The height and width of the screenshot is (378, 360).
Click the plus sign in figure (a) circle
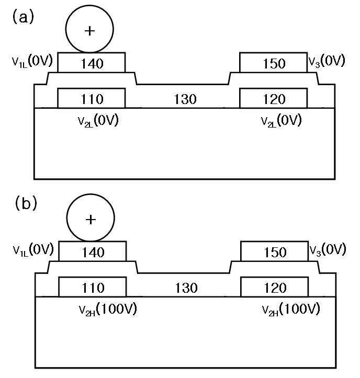point(89,31)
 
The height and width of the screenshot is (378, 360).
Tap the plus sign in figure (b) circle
point(91,220)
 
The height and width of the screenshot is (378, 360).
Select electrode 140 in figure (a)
point(92,62)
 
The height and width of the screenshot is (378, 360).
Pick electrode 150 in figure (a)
point(273,62)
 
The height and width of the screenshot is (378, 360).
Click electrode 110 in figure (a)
point(92,98)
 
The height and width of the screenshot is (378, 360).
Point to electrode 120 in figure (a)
point(273,98)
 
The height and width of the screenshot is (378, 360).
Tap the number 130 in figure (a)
point(185,99)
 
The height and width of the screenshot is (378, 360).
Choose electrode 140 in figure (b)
point(93,251)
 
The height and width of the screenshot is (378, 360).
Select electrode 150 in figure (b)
point(275,251)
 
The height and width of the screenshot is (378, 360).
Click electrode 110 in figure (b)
point(93,287)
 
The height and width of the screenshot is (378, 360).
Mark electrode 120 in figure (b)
point(275,287)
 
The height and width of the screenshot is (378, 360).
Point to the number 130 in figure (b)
point(186,288)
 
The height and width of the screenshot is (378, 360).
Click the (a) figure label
point(23,18)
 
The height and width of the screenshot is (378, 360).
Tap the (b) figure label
point(26,203)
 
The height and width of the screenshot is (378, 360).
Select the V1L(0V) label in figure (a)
point(32,61)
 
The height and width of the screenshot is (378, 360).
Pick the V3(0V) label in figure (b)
point(328,250)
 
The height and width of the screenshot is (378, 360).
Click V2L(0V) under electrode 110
point(98,120)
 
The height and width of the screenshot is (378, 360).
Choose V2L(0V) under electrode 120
point(282,120)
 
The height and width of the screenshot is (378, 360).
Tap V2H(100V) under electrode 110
point(108,309)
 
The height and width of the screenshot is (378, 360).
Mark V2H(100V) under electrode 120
point(291,309)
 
